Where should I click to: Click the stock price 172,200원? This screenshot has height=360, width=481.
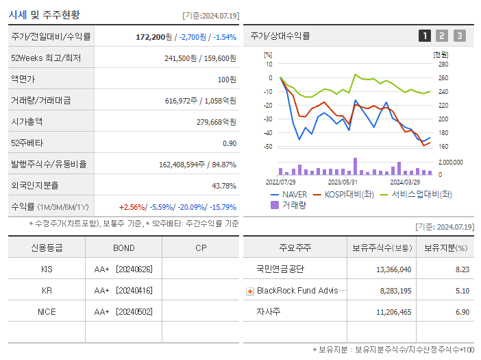[x=156, y=37]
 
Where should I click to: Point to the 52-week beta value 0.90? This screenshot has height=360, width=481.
[x=229, y=143]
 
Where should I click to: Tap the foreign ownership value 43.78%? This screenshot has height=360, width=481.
[x=224, y=186]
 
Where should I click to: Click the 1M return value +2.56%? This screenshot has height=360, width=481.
[x=132, y=207]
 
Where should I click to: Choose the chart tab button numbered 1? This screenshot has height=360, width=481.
[x=425, y=36]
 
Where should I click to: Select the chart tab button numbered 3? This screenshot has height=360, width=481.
[x=459, y=36]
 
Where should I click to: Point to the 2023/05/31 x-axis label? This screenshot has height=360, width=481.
[x=343, y=182]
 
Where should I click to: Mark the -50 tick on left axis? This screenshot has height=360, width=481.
[x=267, y=147]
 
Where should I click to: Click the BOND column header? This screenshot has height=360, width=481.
[x=124, y=248]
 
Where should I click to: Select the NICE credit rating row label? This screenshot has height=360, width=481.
[x=47, y=311]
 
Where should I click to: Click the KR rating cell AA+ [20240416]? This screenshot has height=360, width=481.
[x=123, y=290]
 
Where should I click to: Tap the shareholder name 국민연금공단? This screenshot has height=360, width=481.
[x=280, y=269]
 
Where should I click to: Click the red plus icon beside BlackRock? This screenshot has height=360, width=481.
[x=250, y=291]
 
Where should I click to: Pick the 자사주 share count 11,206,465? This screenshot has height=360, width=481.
[x=393, y=312]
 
